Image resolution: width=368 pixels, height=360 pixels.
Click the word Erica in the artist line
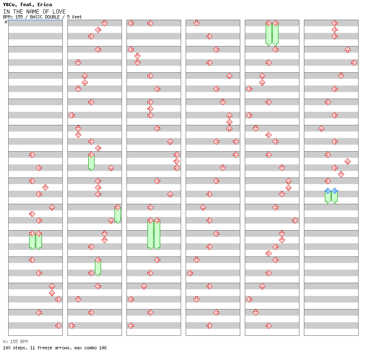coord(45,5)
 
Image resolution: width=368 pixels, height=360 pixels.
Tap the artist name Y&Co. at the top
coord(10,5)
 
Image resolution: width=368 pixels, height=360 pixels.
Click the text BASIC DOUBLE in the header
coord(45,17)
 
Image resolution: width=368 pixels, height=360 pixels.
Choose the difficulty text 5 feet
coord(74,17)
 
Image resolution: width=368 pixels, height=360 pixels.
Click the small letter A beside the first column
coord(6,22)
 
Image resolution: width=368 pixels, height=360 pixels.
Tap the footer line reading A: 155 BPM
coord(15,342)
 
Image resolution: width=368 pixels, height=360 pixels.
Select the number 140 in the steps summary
coord(7,348)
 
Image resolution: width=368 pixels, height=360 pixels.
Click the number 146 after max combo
coord(103,348)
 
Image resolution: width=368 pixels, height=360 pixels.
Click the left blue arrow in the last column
coord(328,191)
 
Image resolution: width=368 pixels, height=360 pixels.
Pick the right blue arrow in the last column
coord(335,191)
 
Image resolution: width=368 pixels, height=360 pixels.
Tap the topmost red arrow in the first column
coord(32,155)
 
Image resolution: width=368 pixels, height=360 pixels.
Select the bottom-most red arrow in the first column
coord(58,326)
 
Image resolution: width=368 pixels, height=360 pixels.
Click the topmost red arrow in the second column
coord(104,23)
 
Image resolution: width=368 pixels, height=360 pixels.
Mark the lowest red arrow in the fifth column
coord(269,326)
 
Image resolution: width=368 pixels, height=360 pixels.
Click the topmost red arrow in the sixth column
coord(334,23)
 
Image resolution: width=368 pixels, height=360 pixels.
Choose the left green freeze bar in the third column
coord(150,235)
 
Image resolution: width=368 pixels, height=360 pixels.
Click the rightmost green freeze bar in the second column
coord(117,215)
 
